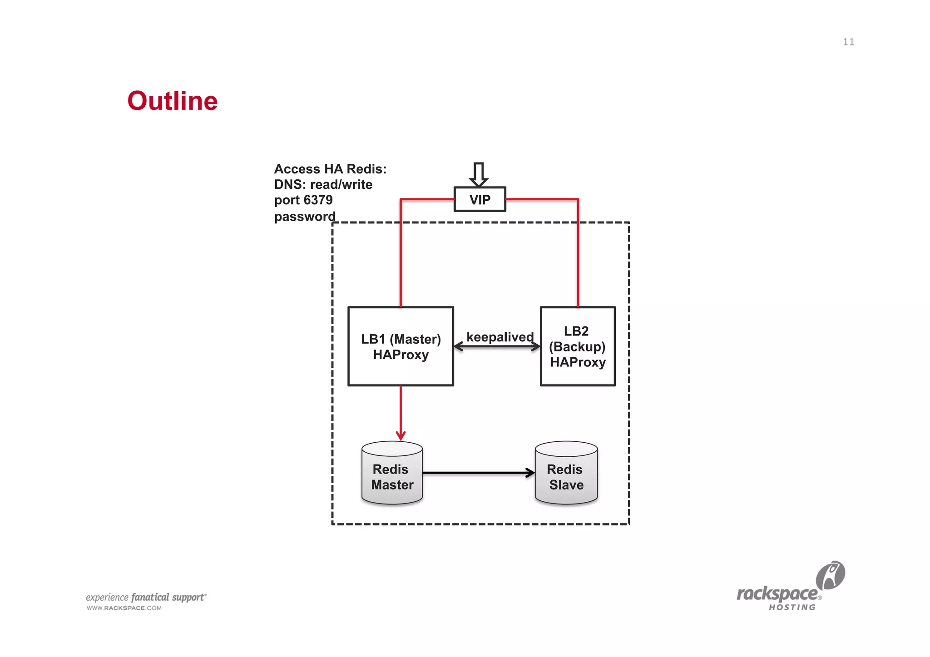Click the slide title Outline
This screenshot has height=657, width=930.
tap(173, 101)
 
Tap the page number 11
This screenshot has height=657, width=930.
tap(848, 42)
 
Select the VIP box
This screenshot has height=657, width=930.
tap(480, 199)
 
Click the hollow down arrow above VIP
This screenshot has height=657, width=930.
tap(479, 174)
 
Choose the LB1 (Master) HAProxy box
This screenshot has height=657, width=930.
tap(401, 346)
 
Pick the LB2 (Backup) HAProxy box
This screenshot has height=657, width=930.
tap(578, 346)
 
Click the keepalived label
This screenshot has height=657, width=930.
tap(500, 337)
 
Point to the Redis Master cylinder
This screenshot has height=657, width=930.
tap(392, 474)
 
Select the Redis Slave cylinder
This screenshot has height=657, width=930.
tap(566, 474)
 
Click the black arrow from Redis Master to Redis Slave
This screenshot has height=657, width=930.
tap(478, 473)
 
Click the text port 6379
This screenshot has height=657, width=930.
tap(303, 200)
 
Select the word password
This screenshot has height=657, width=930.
tap(305, 217)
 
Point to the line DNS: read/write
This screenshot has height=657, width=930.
tap(323, 185)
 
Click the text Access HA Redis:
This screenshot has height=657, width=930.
tap(330, 169)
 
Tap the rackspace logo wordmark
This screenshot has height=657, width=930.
tap(777, 594)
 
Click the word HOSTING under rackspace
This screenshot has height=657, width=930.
tap(792, 608)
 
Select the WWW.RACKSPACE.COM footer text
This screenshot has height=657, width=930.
tap(124, 608)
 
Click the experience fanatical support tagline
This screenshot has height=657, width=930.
tap(146, 598)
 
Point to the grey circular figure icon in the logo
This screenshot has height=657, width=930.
tap(831, 575)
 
